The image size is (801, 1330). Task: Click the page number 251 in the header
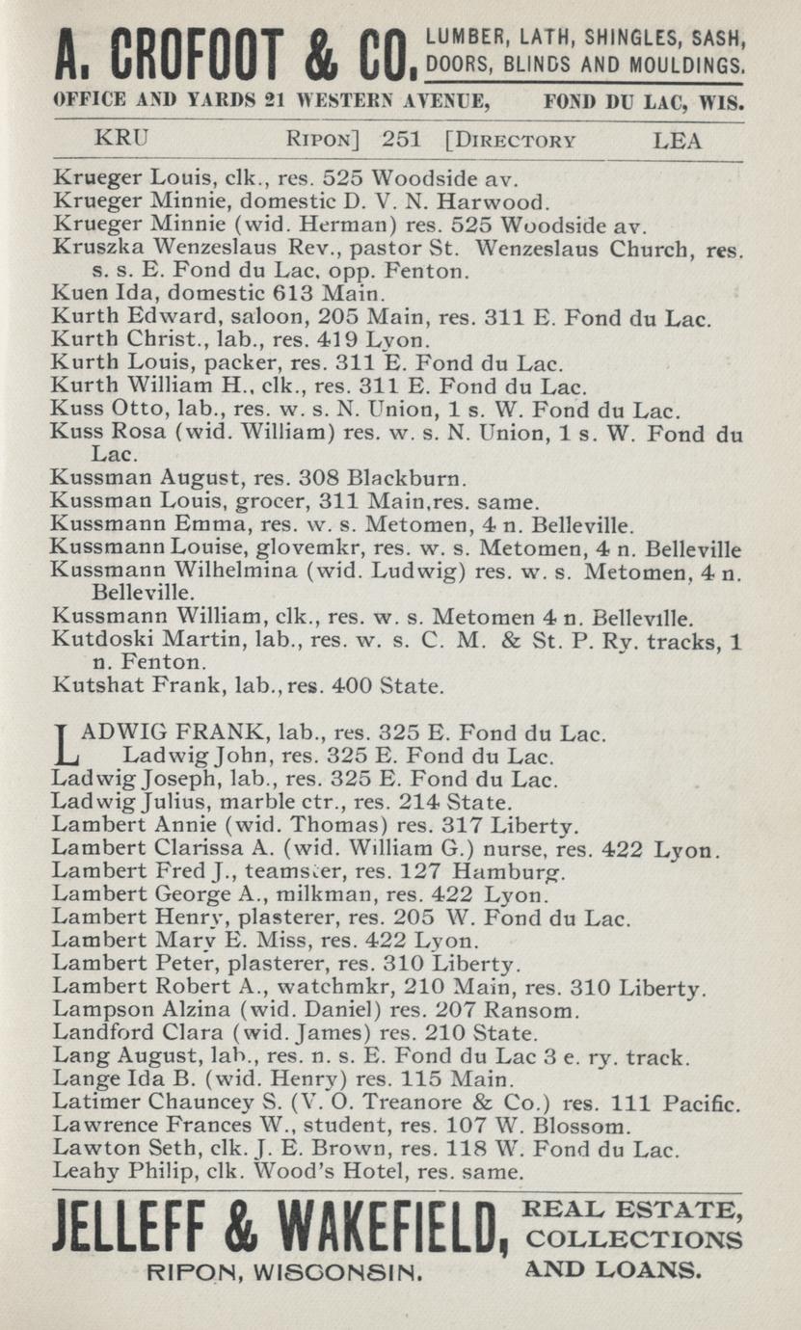(x=402, y=141)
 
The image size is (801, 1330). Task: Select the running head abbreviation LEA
(x=678, y=141)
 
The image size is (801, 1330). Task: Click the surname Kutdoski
(x=94, y=641)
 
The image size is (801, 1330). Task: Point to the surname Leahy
(x=83, y=1173)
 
